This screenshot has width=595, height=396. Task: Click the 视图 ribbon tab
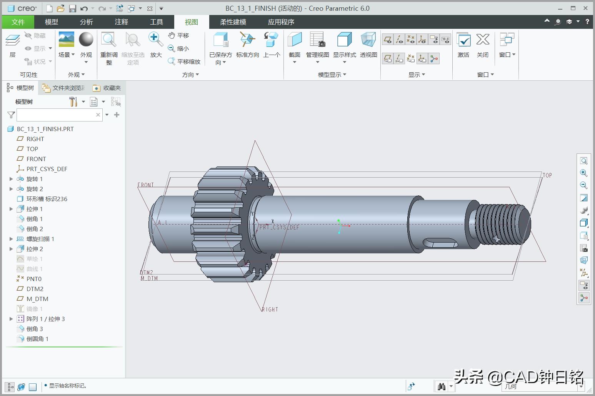(191, 22)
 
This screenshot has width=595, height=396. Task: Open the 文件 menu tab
(18, 22)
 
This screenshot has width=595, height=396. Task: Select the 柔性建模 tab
(233, 22)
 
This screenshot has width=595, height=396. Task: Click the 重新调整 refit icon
(109, 40)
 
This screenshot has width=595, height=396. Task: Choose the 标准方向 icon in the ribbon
(247, 40)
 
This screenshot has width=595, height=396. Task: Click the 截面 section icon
(294, 40)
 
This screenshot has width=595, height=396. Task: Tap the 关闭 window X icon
(482, 40)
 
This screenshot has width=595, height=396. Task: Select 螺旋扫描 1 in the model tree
(40, 239)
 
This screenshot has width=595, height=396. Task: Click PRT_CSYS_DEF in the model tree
(47, 169)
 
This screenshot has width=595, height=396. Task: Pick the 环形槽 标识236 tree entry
(47, 199)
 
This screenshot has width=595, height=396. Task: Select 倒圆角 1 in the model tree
(37, 339)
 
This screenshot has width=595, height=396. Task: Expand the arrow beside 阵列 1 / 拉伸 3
(11, 319)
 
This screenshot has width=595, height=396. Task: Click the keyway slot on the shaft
(440, 243)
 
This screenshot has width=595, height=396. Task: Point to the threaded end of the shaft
(500, 223)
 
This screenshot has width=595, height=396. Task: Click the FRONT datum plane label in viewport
(145, 185)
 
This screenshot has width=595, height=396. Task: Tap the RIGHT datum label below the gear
(270, 309)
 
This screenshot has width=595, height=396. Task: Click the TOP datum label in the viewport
(547, 175)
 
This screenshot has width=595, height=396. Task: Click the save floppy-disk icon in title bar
(72, 8)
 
